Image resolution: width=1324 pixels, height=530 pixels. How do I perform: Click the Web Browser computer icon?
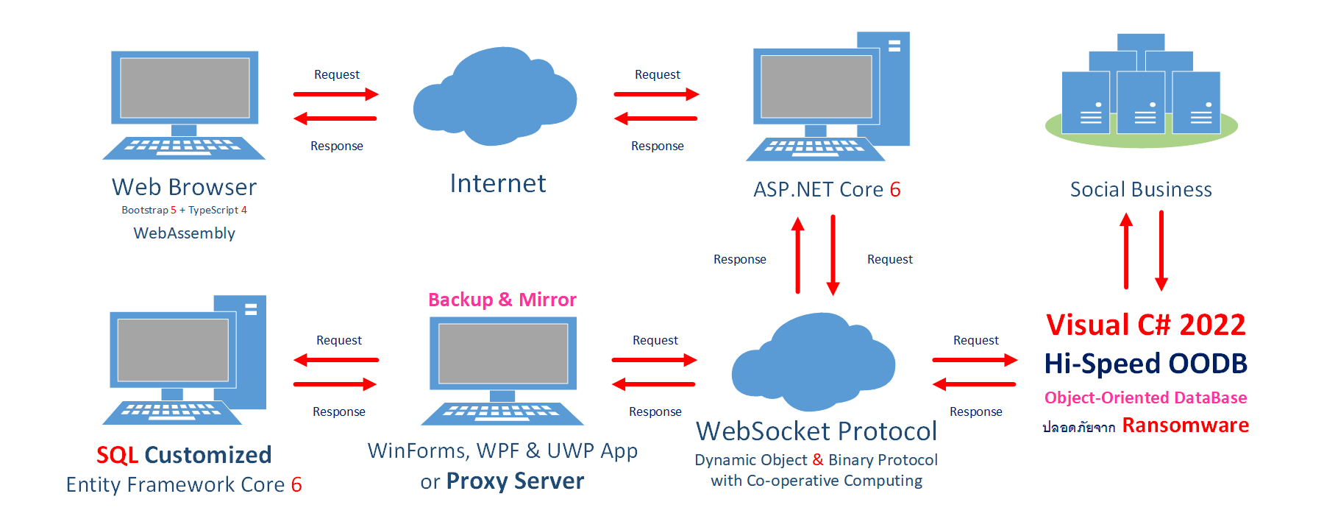point(184,105)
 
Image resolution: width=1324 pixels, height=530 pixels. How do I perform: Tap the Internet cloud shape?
point(495,96)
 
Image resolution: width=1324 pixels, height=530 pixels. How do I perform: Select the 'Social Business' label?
point(1141,190)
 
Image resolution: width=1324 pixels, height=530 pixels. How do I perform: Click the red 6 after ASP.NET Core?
point(895,190)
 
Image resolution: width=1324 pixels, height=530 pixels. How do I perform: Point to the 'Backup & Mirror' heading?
point(502,300)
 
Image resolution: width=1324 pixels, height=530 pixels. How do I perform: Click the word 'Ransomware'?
point(1185,425)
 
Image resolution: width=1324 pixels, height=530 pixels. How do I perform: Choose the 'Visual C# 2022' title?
point(1146,325)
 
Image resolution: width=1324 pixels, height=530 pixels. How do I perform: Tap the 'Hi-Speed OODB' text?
point(1146,364)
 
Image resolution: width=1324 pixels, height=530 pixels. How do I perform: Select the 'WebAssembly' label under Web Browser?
point(185,233)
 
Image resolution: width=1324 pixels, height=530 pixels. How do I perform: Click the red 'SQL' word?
point(117,455)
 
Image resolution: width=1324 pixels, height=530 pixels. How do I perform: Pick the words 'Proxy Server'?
point(515,481)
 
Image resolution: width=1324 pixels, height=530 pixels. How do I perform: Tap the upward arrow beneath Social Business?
point(1126,250)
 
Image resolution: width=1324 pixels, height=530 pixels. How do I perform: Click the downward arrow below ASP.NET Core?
point(833,255)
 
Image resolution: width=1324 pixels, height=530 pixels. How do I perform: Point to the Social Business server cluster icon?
point(1142,91)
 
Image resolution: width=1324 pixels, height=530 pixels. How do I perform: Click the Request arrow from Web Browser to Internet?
point(335,94)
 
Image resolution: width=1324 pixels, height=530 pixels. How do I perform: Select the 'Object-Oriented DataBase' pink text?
point(1145,398)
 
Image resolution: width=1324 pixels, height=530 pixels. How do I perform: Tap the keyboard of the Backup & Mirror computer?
point(502,413)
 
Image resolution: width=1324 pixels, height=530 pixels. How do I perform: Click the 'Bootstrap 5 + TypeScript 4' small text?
point(184,211)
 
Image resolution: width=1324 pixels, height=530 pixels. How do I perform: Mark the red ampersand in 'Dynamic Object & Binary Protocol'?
point(818,460)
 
